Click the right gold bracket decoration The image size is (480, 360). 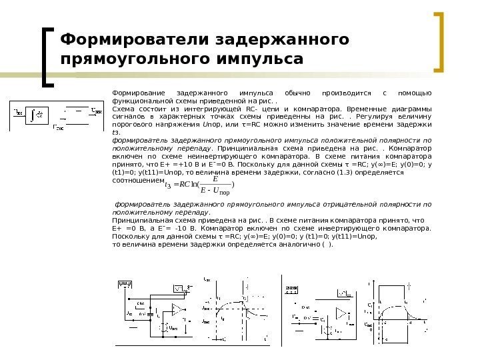click(440, 41)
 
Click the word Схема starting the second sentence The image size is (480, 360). click(123, 109)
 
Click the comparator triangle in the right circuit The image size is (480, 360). click(343, 313)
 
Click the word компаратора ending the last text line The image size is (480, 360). click(401, 227)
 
